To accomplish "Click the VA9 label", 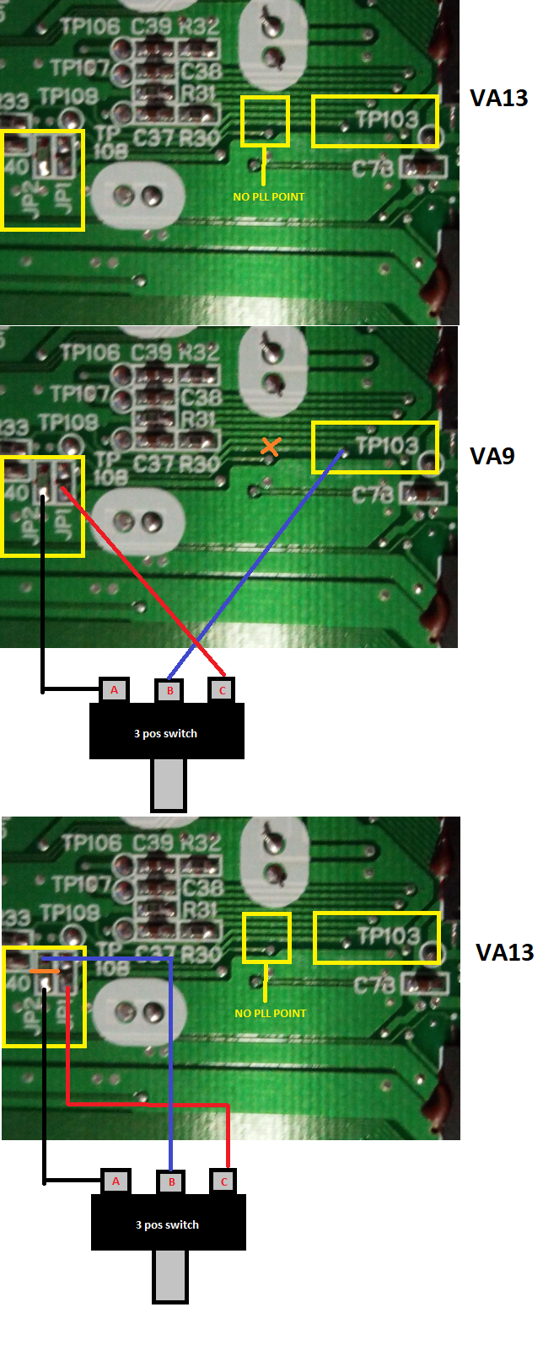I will pyautogui.click(x=492, y=456).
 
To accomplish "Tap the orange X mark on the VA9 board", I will pyautogui.click(x=270, y=447).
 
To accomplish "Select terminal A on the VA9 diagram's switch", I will pyautogui.click(x=114, y=690).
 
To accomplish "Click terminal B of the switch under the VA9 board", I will pyautogui.click(x=169, y=691).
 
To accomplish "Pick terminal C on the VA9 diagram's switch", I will pyautogui.click(x=223, y=690).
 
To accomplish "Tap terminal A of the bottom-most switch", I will pyautogui.click(x=116, y=1181).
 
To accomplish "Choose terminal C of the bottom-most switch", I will pyautogui.click(x=224, y=1181).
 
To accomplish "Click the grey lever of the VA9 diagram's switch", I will pyautogui.click(x=168, y=784).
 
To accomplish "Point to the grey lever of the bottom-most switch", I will pyautogui.click(x=169, y=1275).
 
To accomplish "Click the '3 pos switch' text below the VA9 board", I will pyautogui.click(x=165, y=733).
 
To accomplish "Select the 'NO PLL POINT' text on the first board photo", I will pyautogui.click(x=269, y=196).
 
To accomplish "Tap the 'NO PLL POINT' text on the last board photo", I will pyautogui.click(x=271, y=1013).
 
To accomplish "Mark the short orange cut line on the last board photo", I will pyautogui.click(x=45, y=972).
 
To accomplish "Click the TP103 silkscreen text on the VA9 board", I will pyautogui.click(x=387, y=445).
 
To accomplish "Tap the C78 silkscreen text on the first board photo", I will pyautogui.click(x=373, y=169).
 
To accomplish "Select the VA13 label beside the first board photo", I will pyautogui.click(x=498, y=98).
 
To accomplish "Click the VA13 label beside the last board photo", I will pyautogui.click(x=504, y=952).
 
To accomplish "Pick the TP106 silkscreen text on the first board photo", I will pyautogui.click(x=90, y=27).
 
